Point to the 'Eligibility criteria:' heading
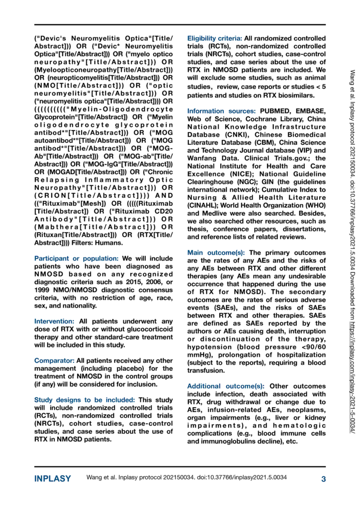[215, 38]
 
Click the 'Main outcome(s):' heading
[216, 253]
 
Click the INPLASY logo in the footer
[53, 479]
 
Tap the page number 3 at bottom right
[323, 479]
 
